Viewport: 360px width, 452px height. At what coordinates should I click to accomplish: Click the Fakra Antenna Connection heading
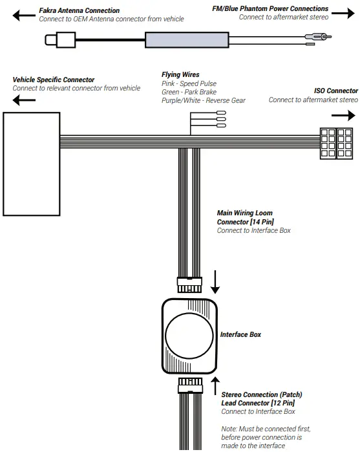click(x=79, y=11)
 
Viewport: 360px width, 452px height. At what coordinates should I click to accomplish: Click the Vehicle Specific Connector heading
click(x=54, y=80)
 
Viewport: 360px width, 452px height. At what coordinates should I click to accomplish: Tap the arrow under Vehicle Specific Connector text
click(x=24, y=100)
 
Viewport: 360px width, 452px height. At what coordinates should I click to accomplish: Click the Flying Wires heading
click(x=180, y=75)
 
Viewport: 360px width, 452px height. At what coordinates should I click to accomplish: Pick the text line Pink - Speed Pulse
click(x=189, y=83)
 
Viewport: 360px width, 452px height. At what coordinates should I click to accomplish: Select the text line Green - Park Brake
click(x=188, y=92)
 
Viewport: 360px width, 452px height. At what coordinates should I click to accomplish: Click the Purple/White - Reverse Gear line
click(x=204, y=100)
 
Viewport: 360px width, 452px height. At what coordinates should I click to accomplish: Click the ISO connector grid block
click(x=337, y=142)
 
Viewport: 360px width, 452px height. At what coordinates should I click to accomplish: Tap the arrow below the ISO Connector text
click(x=343, y=116)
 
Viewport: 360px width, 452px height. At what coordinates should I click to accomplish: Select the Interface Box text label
click(x=240, y=335)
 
